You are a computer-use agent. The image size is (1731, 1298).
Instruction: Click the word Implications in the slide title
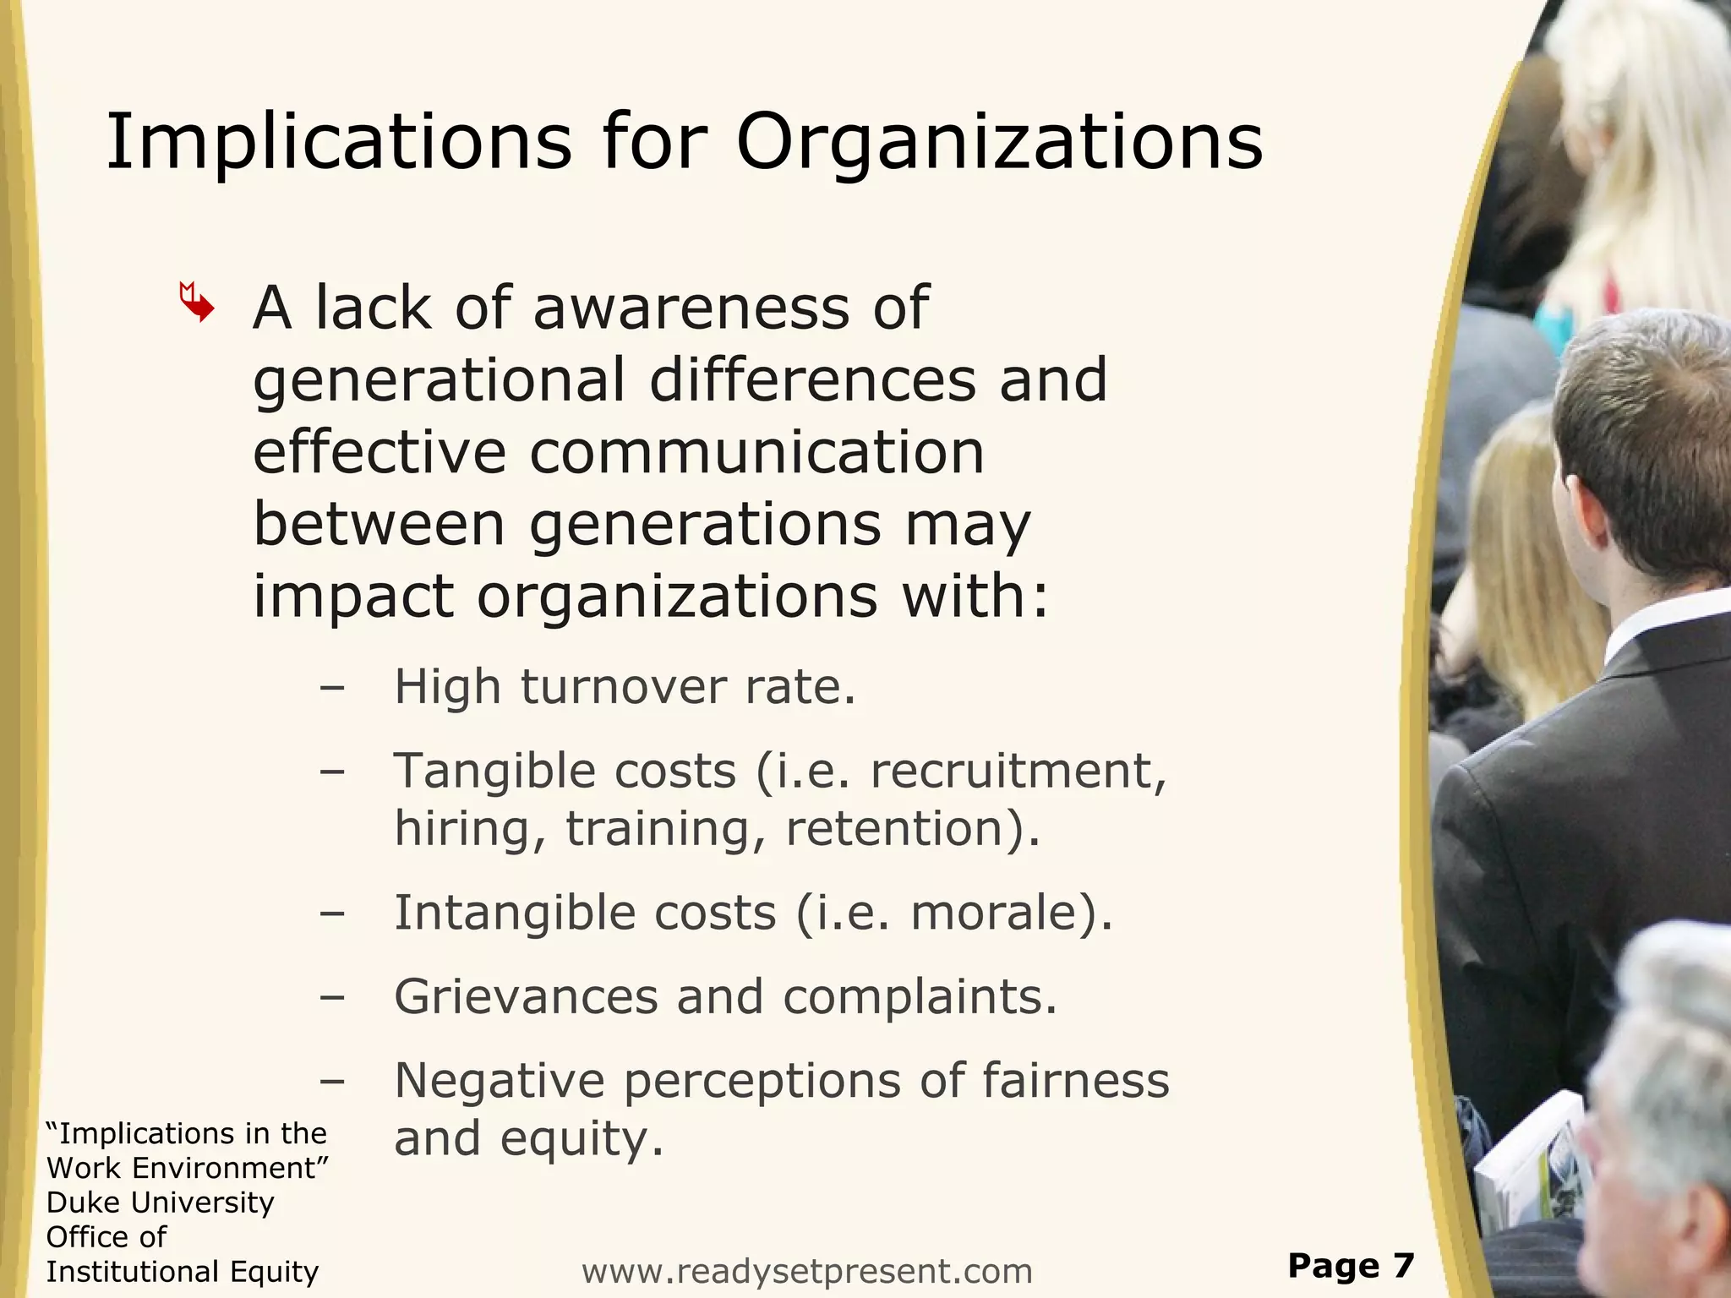(x=338, y=143)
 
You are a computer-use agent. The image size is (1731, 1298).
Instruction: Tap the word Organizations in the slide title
(x=1000, y=143)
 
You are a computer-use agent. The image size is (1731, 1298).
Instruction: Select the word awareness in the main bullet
(x=692, y=308)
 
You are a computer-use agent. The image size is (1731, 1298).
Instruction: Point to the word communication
(x=756, y=452)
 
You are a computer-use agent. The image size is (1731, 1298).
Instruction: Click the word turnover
(x=623, y=686)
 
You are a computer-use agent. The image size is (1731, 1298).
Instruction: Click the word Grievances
(x=526, y=997)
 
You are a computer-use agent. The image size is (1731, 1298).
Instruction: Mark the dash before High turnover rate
(x=332, y=688)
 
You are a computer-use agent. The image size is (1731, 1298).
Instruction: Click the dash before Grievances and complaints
(x=332, y=998)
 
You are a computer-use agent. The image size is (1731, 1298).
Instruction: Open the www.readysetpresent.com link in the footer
(x=807, y=1271)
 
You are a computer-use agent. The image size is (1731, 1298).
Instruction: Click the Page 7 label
(x=1351, y=1265)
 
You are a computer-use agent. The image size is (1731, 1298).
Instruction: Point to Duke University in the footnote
(x=161, y=1203)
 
